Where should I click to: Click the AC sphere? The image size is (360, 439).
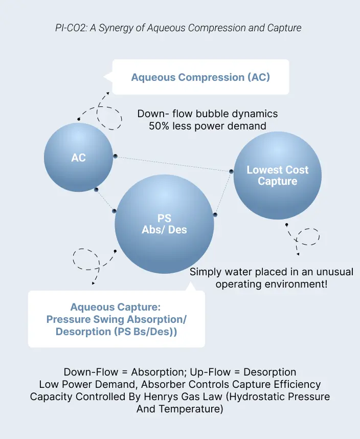[78, 158]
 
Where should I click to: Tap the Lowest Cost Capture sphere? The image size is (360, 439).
[277, 175]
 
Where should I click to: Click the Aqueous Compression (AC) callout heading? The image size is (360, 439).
[200, 77]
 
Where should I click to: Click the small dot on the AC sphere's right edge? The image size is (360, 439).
[116, 156]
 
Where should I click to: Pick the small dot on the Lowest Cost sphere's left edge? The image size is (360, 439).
[231, 171]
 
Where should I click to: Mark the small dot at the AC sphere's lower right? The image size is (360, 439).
[96, 189]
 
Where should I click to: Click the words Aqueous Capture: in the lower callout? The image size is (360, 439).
[116, 307]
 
